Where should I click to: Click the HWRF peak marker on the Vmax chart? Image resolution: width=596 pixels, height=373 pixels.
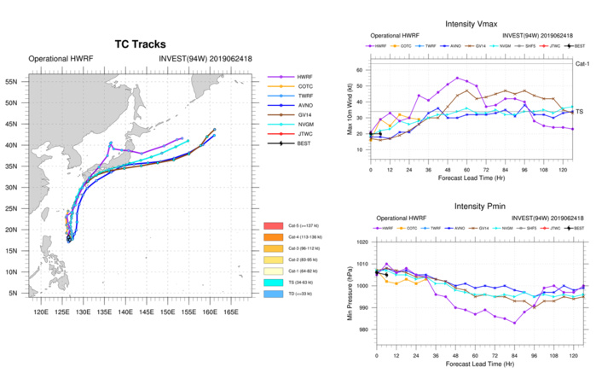457,78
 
